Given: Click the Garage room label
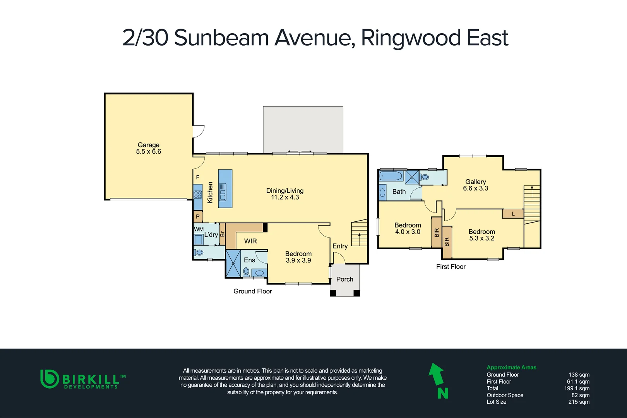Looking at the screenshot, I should click(x=148, y=148).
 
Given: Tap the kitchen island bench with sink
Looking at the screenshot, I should click(x=225, y=188).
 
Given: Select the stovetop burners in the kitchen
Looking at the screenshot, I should click(x=198, y=194).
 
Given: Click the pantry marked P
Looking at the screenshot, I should click(x=198, y=217).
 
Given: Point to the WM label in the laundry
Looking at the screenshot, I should click(x=199, y=229).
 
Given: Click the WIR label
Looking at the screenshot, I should click(x=250, y=241).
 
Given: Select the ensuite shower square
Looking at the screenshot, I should click(x=233, y=264).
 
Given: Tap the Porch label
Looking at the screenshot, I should click(x=344, y=279).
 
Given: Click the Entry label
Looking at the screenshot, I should click(x=340, y=246).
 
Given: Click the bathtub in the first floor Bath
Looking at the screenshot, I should click(x=391, y=176).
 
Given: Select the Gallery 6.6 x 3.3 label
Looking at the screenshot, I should click(x=475, y=185).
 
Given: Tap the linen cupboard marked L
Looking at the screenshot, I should click(x=513, y=214).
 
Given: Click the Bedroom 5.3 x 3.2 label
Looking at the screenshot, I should click(x=481, y=235).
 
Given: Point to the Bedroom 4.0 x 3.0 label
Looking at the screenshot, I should click(x=408, y=228).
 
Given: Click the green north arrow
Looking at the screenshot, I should click(x=437, y=375).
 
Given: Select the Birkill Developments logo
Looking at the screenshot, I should click(x=83, y=379).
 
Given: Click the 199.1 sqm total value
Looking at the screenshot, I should click(x=577, y=388).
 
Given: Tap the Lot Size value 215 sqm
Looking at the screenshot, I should click(x=579, y=402).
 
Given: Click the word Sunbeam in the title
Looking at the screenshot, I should click(x=221, y=38).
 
